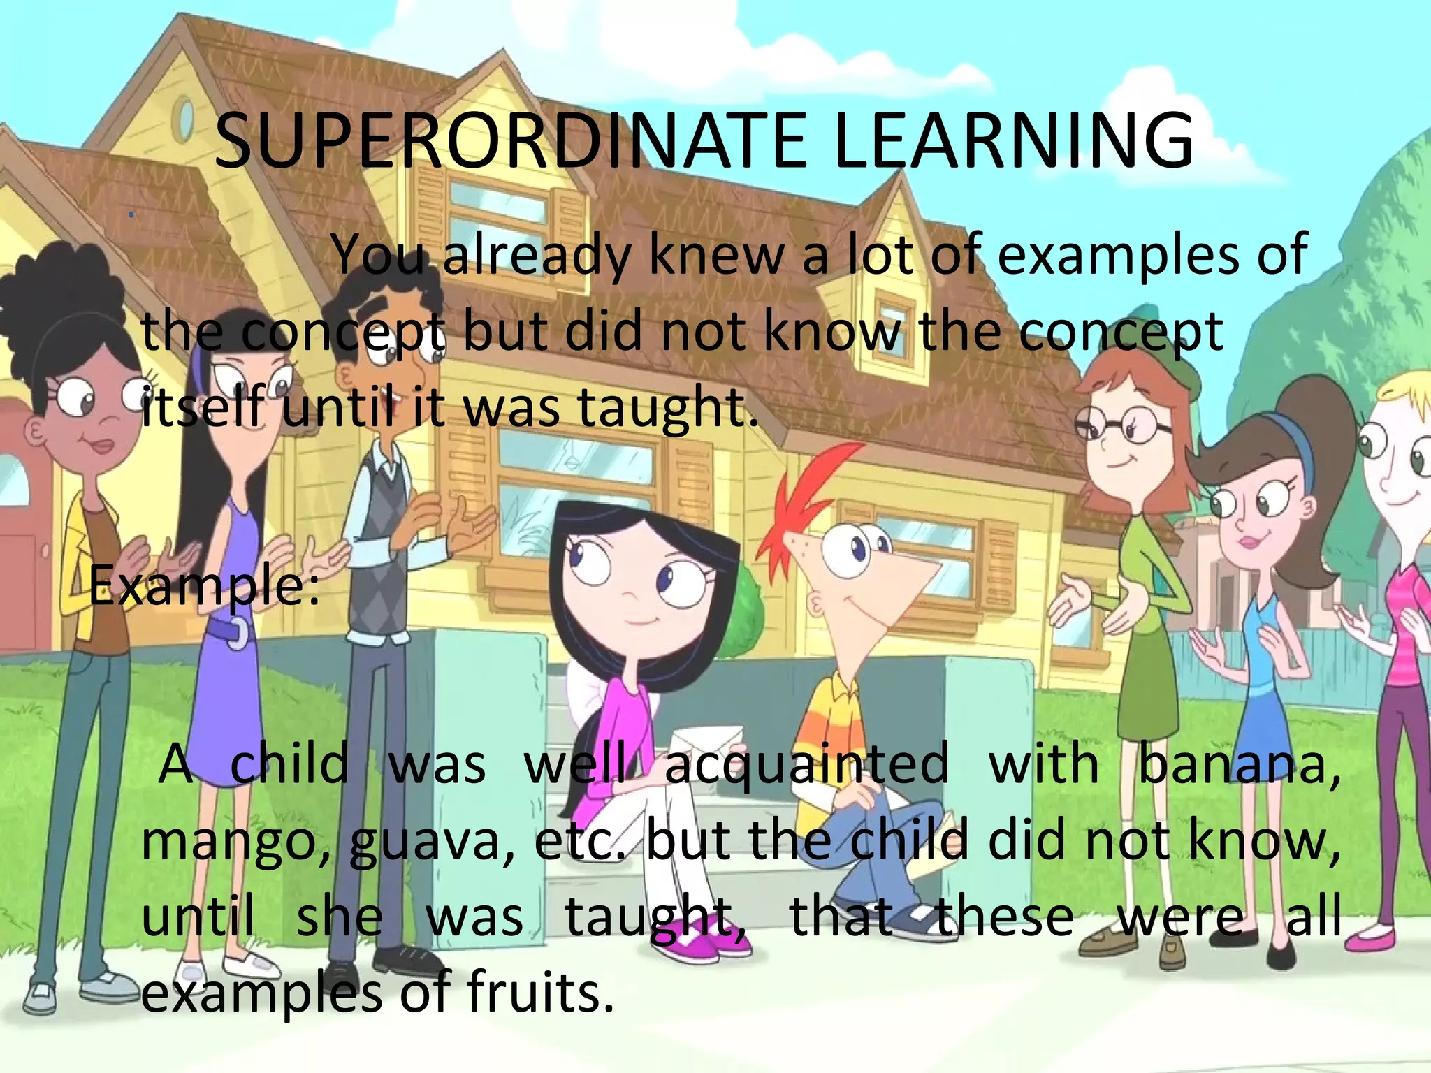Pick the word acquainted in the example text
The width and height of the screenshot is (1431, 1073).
coord(806,764)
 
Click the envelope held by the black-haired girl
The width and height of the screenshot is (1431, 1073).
coord(706,744)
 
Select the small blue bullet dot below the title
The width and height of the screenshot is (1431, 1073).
coord(131,215)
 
